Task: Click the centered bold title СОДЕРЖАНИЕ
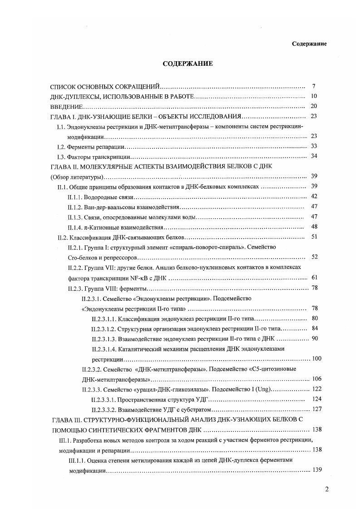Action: tap(187, 64)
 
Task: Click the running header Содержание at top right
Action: tap(310, 44)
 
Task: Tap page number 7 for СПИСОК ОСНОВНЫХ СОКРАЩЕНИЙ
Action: tap(314, 86)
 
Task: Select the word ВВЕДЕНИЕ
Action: tap(66, 107)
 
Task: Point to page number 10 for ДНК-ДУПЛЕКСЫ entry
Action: tap(313, 96)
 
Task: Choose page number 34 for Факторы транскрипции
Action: tap(313, 157)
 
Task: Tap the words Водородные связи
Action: tap(110, 197)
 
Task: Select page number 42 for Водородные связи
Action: tap(313, 196)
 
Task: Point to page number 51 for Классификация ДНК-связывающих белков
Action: tap(313, 236)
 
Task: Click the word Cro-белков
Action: tap(80, 257)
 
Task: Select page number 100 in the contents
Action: tap(316, 358)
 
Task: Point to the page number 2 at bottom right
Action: tap(326, 489)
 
